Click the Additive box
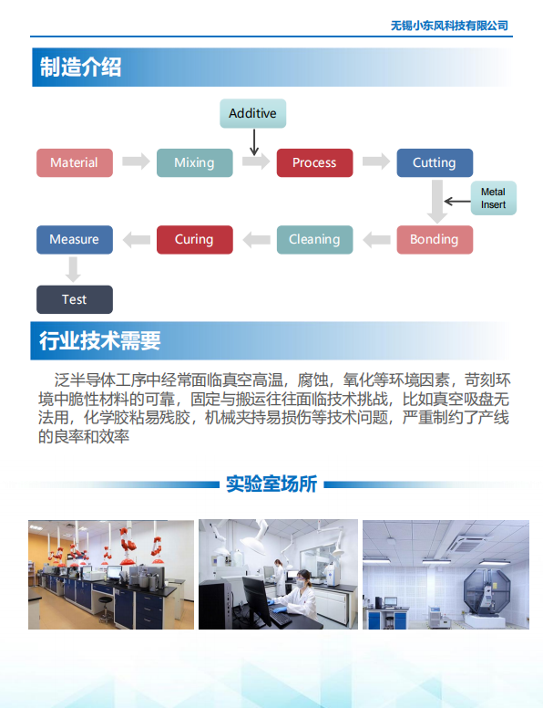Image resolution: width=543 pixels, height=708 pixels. coord(253,113)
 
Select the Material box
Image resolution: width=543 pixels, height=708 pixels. coord(75,162)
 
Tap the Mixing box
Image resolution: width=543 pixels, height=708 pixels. coord(195,162)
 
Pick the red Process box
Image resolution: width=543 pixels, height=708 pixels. coord(315,162)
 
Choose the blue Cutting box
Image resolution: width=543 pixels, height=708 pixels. coord(435,162)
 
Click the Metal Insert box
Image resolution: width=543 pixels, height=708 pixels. coord(494,198)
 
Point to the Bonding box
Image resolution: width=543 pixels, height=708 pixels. coord(435,239)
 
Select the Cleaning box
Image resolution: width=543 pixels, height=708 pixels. coord(315,239)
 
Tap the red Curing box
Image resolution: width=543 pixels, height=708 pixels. coord(195,239)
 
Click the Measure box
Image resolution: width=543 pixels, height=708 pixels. coord(75,239)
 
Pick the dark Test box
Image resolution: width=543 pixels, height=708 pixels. coord(75,299)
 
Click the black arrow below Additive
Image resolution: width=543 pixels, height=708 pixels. coord(254,142)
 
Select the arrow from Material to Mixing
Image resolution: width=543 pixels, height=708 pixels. coord(136,161)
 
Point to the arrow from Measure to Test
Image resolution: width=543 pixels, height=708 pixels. coord(73,269)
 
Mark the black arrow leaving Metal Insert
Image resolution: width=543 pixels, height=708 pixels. coord(457,202)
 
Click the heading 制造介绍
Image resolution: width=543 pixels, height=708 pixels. coord(80,68)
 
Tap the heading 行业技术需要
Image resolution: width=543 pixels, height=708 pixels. coord(99,340)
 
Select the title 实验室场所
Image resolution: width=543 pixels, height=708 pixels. coord(271,484)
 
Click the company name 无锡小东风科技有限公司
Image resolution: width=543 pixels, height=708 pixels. coord(449,26)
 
